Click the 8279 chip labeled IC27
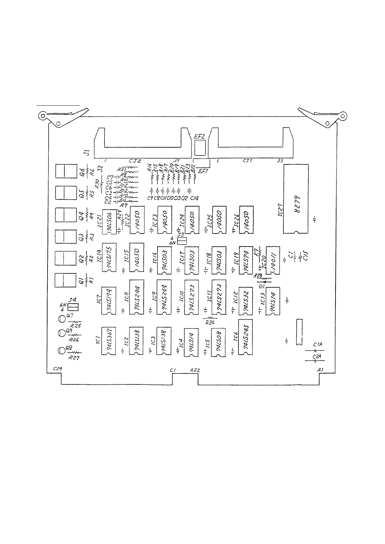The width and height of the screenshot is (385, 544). pyautogui.click(x=296, y=199)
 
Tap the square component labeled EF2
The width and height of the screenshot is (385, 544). pyautogui.click(x=200, y=148)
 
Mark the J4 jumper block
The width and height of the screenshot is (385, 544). pyautogui.click(x=74, y=307)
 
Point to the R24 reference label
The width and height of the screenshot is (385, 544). pyautogui.click(x=210, y=322)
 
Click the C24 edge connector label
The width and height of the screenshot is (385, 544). pyautogui.click(x=57, y=369)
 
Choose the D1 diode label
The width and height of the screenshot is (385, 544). pyautogui.click(x=262, y=286)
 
